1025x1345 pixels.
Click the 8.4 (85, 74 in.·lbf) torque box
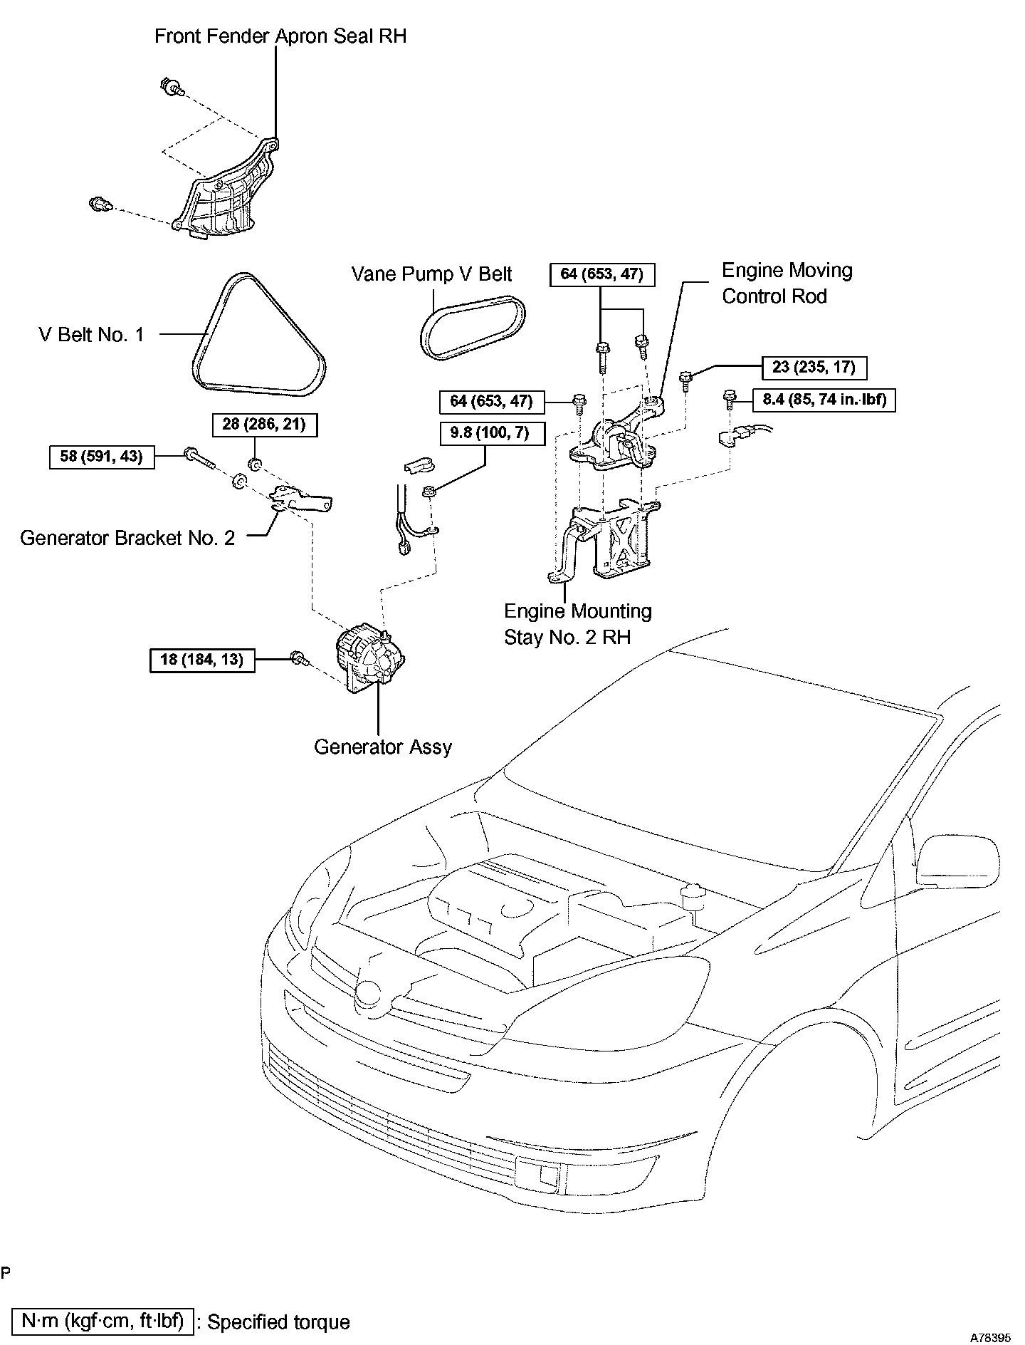[x=825, y=400]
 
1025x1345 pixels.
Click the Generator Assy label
[x=383, y=747]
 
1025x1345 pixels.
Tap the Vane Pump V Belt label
[x=432, y=274]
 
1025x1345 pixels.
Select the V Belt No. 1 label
[x=91, y=334]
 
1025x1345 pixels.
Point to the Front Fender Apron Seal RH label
[x=280, y=36]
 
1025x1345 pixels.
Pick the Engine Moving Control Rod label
[x=787, y=283]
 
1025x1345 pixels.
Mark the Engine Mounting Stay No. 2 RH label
[x=577, y=623]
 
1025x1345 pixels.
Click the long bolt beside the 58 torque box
[x=200, y=457]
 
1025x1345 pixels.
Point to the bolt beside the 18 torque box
[x=300, y=660]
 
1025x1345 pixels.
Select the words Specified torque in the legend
[x=278, y=1322]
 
